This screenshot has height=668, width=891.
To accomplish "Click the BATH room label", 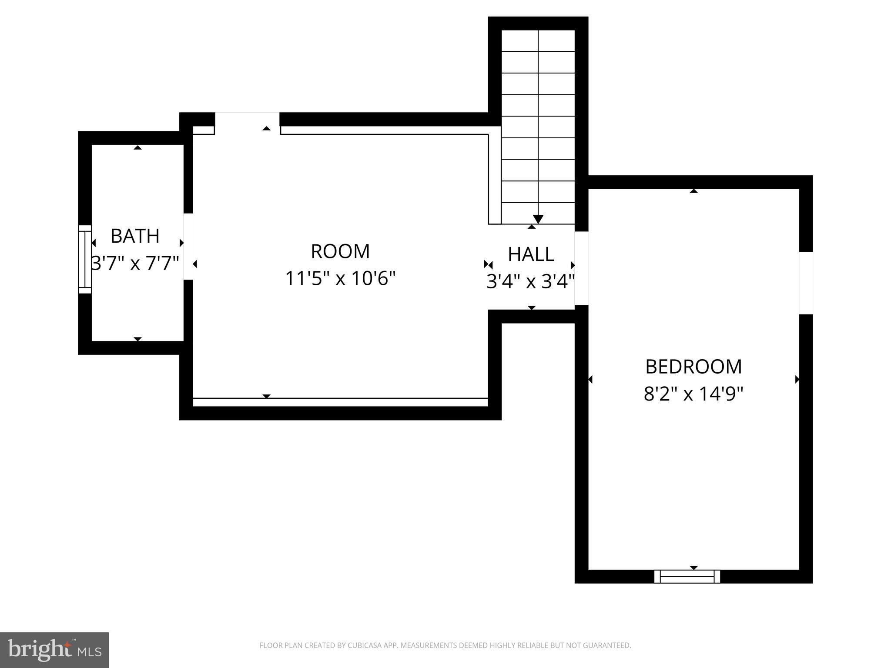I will point(135,236).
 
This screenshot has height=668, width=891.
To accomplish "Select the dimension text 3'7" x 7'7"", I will point(135,263).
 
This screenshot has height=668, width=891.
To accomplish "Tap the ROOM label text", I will point(340,251).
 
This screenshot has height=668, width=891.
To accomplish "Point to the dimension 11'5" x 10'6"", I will point(340,278).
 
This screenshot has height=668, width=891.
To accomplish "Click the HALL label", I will point(531,254).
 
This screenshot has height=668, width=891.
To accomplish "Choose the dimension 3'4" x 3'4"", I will point(531,282).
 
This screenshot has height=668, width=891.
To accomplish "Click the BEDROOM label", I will point(693,367).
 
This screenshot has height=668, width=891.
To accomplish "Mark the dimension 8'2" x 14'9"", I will point(693,394).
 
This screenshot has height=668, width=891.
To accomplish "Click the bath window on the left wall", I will point(85,259).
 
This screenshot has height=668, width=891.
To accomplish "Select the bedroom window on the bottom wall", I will point(687,576).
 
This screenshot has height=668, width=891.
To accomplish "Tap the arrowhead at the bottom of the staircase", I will point(538,219).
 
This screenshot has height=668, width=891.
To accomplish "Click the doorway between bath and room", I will point(188,246).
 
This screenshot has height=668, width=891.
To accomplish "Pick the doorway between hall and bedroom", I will point(581,268).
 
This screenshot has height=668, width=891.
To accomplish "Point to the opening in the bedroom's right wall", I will point(806,283).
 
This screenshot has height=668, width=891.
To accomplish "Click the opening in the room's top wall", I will point(247,119).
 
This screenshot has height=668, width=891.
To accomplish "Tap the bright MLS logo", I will point(54,650).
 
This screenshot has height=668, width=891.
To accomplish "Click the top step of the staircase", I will point(538,41).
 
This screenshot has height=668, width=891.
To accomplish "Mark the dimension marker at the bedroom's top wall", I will point(693,190).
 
